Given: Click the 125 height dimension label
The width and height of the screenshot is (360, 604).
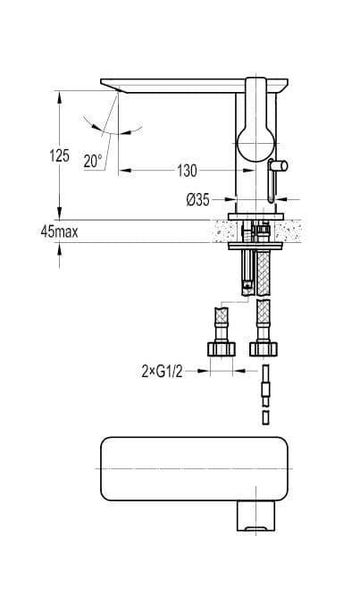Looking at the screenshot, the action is click(x=59, y=155).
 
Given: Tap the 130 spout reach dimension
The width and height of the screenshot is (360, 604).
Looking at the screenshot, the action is click(x=187, y=171).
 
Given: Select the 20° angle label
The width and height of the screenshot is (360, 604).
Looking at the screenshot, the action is click(x=93, y=161).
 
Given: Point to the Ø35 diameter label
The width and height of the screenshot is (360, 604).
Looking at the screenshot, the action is click(x=198, y=199).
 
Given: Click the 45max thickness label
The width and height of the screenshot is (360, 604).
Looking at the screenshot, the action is click(x=59, y=231).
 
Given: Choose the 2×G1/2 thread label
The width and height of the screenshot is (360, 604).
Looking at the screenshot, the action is click(x=162, y=372).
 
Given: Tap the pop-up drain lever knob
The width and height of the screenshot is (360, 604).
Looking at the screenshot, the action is click(x=278, y=165).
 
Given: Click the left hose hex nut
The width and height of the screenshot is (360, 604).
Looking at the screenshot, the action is click(x=222, y=348).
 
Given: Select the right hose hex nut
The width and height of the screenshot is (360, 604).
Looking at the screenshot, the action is click(x=264, y=348).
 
